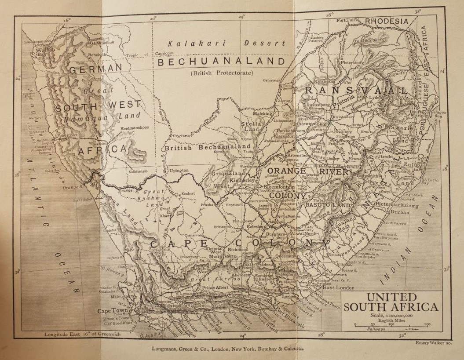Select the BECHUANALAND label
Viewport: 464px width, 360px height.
(222, 62)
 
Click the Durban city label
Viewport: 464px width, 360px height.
(399, 212)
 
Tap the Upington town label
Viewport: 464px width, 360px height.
(179, 170)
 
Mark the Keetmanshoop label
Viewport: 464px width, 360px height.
(136, 129)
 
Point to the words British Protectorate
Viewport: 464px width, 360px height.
(222, 73)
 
